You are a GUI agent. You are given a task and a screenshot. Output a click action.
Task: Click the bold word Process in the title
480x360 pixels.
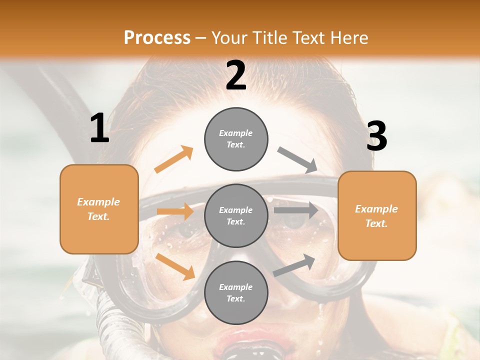(x=157, y=37)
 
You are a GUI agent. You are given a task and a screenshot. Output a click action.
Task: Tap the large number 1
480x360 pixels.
(x=99, y=128)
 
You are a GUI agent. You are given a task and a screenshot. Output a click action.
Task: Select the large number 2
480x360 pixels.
(x=236, y=75)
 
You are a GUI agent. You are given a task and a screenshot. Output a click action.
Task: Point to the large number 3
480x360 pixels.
(x=376, y=136)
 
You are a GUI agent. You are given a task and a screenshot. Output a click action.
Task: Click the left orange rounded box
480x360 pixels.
(x=99, y=209)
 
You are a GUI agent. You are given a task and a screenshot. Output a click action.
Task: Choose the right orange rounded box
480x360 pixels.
(x=377, y=215)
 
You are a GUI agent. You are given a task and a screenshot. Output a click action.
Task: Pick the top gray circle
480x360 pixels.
(x=236, y=139)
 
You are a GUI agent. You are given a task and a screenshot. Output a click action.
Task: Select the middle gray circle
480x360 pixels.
(x=236, y=215)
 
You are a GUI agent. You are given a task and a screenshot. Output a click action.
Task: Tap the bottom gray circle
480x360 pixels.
(x=236, y=292)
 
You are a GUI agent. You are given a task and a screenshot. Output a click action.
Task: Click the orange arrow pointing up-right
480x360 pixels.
(x=173, y=159)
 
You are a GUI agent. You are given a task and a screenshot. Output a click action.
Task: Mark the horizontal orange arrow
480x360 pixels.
(x=175, y=211)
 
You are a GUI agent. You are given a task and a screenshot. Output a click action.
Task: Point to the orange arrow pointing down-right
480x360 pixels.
(x=175, y=266)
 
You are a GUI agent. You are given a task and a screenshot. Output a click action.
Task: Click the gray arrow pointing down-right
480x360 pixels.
(x=297, y=160)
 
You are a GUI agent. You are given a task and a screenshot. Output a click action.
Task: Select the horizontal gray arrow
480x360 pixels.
(x=295, y=210)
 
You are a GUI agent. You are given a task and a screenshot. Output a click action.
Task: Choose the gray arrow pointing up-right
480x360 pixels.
(x=294, y=265)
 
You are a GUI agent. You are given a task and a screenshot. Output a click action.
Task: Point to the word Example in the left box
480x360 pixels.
(x=98, y=202)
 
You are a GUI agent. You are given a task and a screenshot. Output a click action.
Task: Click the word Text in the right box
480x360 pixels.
(x=376, y=223)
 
